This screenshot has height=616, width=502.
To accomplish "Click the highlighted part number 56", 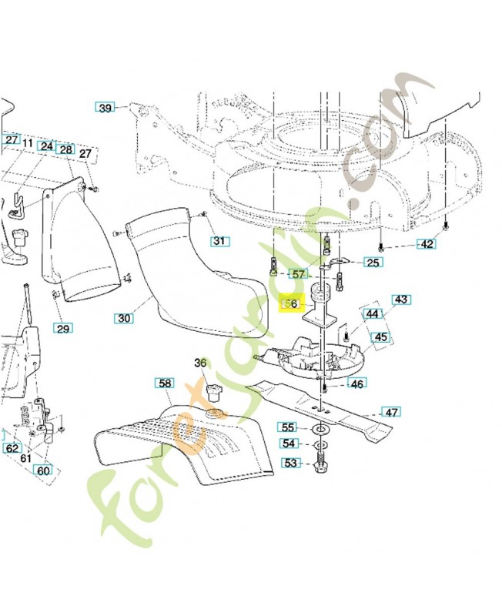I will coord(290,305).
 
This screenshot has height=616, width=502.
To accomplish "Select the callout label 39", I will coord(105,108).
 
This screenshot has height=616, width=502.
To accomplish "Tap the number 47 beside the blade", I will coord(391,413).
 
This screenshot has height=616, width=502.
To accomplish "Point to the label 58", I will coord(164,383).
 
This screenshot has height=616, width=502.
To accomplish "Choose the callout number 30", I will coord(124,317).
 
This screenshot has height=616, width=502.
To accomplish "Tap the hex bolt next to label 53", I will coord(319,465).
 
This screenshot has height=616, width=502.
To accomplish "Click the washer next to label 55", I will coord(319,427).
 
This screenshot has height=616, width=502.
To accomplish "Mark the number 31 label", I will coord(220,241).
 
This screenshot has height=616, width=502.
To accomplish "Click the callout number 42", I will coord(426,244).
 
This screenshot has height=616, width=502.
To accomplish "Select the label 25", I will coord(373,263).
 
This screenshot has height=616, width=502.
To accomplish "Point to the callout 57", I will coord(298,274).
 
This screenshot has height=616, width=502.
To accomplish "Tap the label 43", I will coord(400,300).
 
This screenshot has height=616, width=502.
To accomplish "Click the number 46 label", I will coord(357,383).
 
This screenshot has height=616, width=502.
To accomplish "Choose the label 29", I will coord(63,329).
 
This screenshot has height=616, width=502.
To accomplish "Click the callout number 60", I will coord(43,471).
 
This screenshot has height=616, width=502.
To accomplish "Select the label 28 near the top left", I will coord(65,149).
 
